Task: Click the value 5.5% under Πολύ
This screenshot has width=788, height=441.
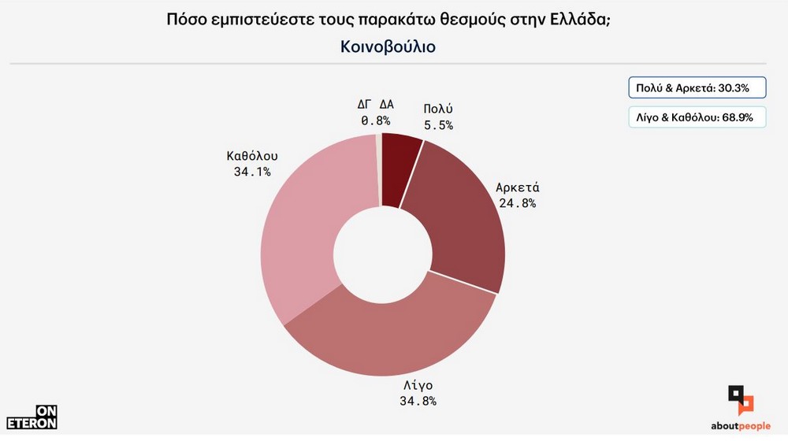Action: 437,124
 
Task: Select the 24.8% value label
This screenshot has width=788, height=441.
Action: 517,203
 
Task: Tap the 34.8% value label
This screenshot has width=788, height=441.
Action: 418,400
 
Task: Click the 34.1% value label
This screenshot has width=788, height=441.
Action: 252,172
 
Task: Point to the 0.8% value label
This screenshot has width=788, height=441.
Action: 376,120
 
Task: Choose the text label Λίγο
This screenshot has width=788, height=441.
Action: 418,385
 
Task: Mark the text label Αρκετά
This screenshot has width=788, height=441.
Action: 517,188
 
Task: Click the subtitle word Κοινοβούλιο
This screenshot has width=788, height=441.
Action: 388,46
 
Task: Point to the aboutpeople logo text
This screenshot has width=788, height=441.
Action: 741,426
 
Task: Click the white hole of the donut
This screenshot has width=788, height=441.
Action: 381,251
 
